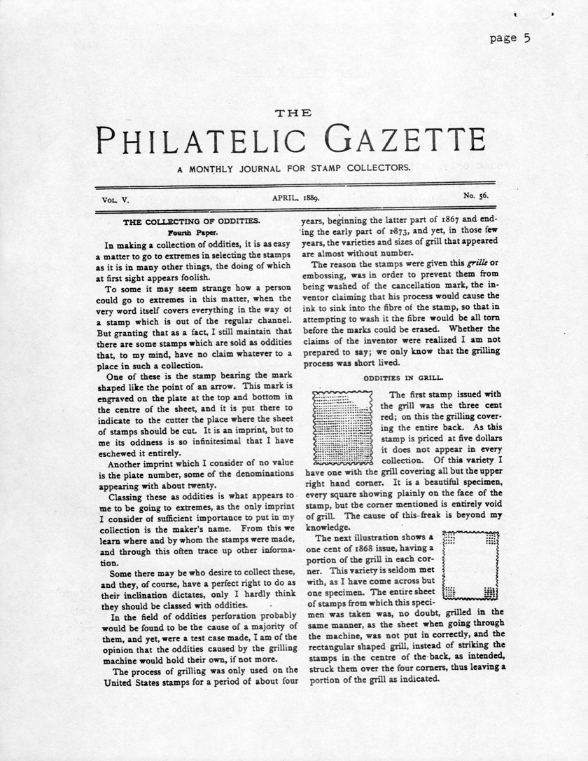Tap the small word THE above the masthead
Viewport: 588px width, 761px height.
click(294, 113)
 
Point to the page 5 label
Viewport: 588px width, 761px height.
click(510, 39)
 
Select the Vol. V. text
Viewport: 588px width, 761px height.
click(116, 199)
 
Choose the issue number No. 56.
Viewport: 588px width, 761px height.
click(475, 198)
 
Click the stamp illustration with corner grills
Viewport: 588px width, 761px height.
click(471, 565)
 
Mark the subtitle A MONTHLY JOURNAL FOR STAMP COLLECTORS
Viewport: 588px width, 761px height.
click(294, 168)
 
